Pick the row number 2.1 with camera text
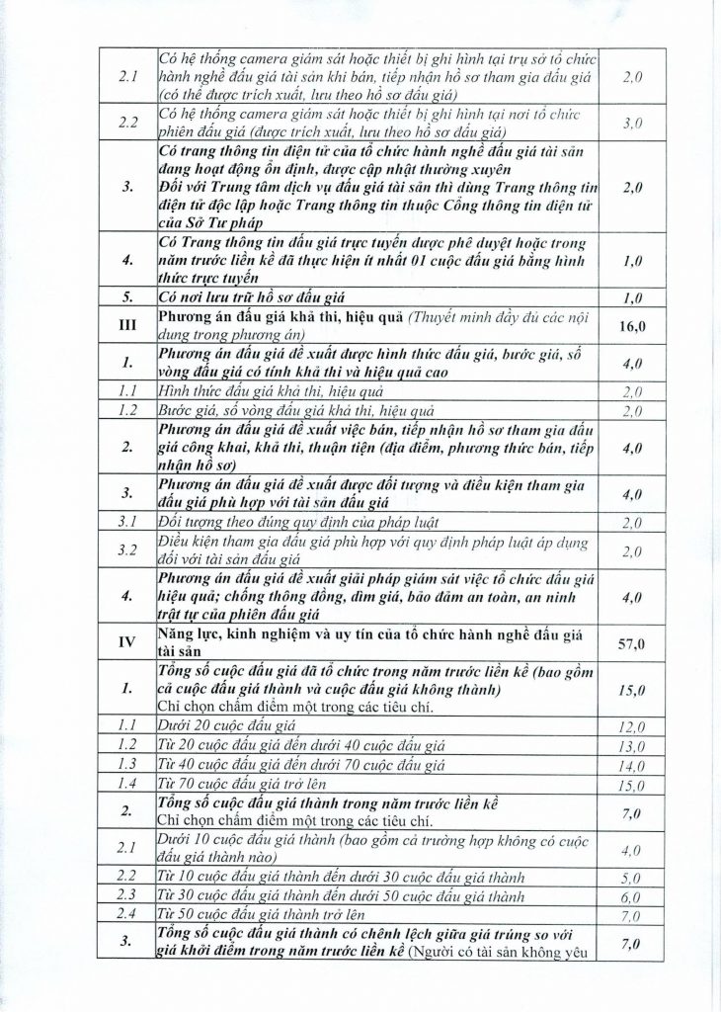126,77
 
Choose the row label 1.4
126,783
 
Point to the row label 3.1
126,521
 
